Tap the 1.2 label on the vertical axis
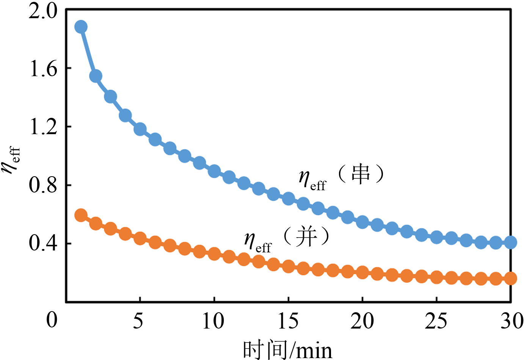[x=42, y=127]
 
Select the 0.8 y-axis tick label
[x=42, y=185]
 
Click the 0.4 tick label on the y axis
[x=42, y=243]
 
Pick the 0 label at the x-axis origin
[x=52, y=320]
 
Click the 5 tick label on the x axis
[x=139, y=321]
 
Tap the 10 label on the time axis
[x=213, y=321]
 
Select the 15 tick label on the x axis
[x=288, y=321]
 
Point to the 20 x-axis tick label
[x=362, y=321]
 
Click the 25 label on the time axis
[x=436, y=321]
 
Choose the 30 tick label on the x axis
[x=511, y=321]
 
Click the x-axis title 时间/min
[x=287, y=349]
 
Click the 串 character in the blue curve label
[x=361, y=175]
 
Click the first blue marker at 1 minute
[x=81, y=27]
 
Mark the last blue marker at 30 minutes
[x=511, y=242]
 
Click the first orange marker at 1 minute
[x=81, y=216]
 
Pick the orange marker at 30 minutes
[x=511, y=279]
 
